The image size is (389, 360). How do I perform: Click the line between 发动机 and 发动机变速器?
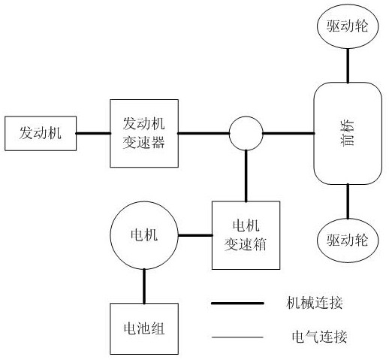pyautogui.click(x=93, y=133)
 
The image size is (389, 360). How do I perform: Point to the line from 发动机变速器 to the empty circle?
pyautogui.click(x=204, y=133)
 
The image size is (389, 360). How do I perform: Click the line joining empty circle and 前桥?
pyautogui.click(x=288, y=133)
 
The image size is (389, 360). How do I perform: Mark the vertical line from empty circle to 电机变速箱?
pyautogui.click(x=246, y=176)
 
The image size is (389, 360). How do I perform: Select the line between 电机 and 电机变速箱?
pyautogui.click(x=195, y=235)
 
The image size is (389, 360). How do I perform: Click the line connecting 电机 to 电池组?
pyautogui.click(x=144, y=286)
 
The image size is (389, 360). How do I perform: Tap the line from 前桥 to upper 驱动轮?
pyautogui.click(x=348, y=65)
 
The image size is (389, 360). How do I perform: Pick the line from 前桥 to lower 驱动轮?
pyautogui.click(x=348, y=201)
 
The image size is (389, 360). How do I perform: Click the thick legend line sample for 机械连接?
pyautogui.click(x=237, y=303)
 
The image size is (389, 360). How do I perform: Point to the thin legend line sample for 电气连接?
pyautogui.click(x=237, y=337)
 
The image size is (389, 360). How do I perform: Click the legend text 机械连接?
pyautogui.click(x=315, y=303)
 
